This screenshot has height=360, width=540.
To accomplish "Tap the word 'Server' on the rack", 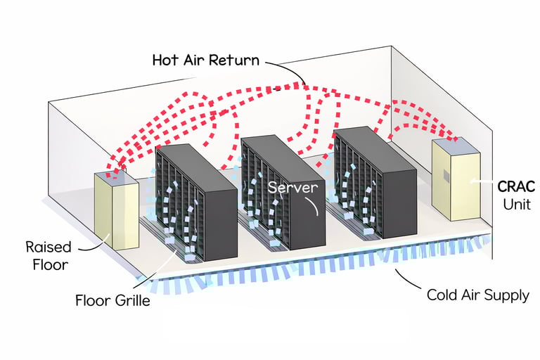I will click(x=292, y=188).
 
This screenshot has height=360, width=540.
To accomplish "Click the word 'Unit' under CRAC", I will click(x=517, y=205).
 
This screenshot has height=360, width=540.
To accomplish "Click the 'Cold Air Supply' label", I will click(x=477, y=295).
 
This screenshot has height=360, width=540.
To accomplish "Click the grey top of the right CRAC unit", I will click(x=454, y=144).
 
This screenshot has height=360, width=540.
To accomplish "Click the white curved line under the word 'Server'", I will click(x=314, y=204).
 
